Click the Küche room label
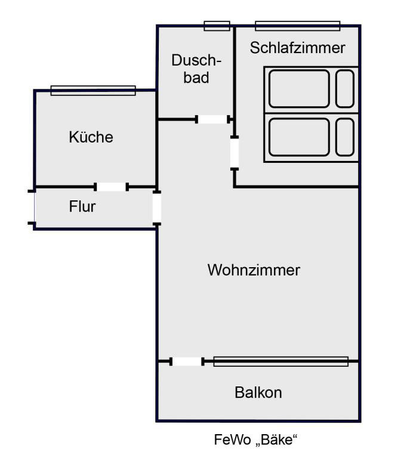click(x=91, y=137)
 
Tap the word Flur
click(x=82, y=208)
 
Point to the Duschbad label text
click(x=196, y=69)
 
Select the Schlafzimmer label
click(x=297, y=48)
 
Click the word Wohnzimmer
click(x=254, y=270)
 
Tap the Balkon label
click(x=258, y=393)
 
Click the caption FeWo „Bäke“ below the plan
click(x=255, y=441)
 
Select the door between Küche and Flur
click(x=112, y=187)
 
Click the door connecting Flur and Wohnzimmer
click(x=157, y=208)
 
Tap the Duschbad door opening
click(x=213, y=119)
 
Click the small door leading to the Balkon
click(x=187, y=361)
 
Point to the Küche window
click(x=93, y=90)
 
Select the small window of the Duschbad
click(x=217, y=26)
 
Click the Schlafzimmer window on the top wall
click(x=297, y=26)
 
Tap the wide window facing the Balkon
click(x=280, y=361)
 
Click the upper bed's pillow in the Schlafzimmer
click(x=345, y=88)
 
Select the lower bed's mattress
click(x=299, y=136)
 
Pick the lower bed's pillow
click(x=345, y=136)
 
